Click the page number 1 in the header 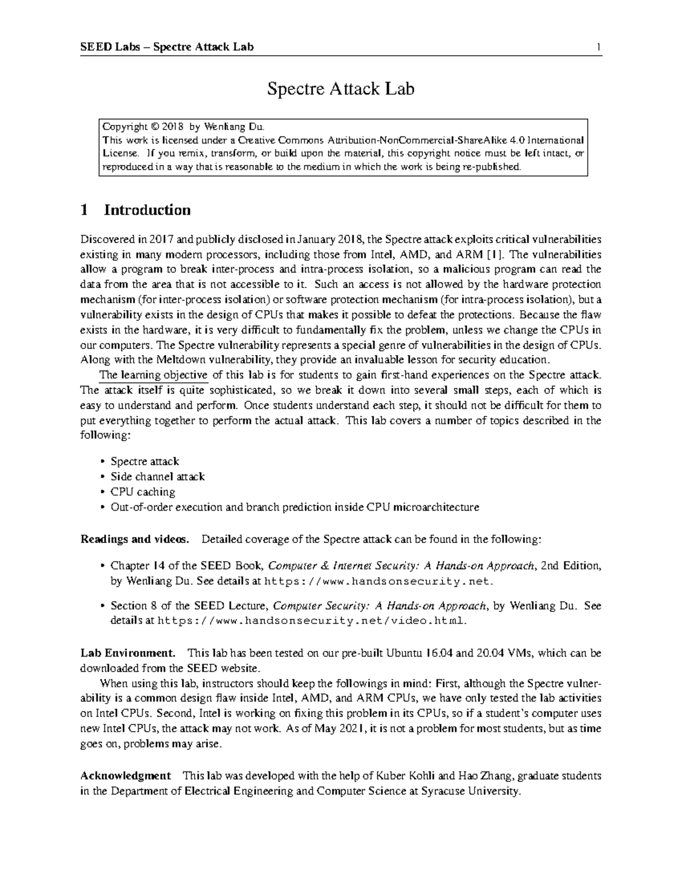pos(598,47)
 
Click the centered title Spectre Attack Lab pos(341,89)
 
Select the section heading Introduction pos(147,210)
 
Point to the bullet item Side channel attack pos(157,476)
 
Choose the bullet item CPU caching pos(143,492)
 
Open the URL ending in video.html pos(311,621)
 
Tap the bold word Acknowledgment pos(126,775)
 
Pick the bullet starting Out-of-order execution pos(295,507)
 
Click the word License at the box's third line pos(119,153)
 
